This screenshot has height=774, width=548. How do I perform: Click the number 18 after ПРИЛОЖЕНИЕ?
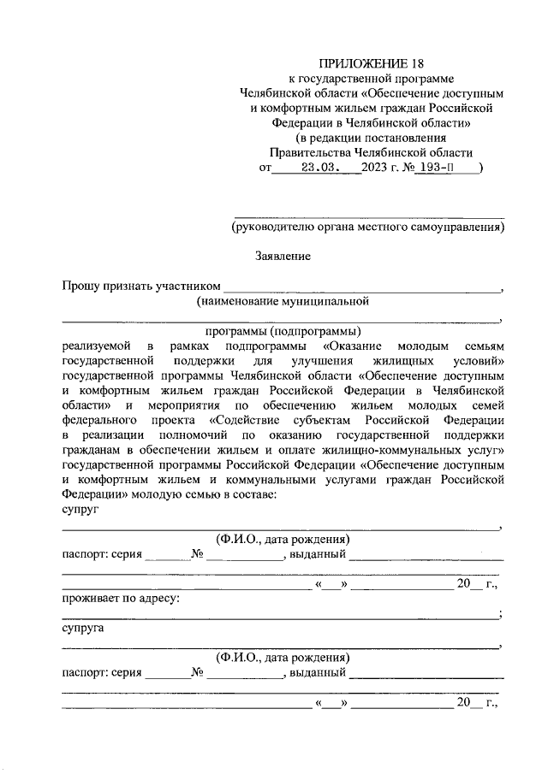click(415, 63)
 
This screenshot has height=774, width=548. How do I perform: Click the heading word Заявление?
click(283, 256)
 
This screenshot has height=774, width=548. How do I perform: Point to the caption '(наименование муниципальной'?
click(282, 301)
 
